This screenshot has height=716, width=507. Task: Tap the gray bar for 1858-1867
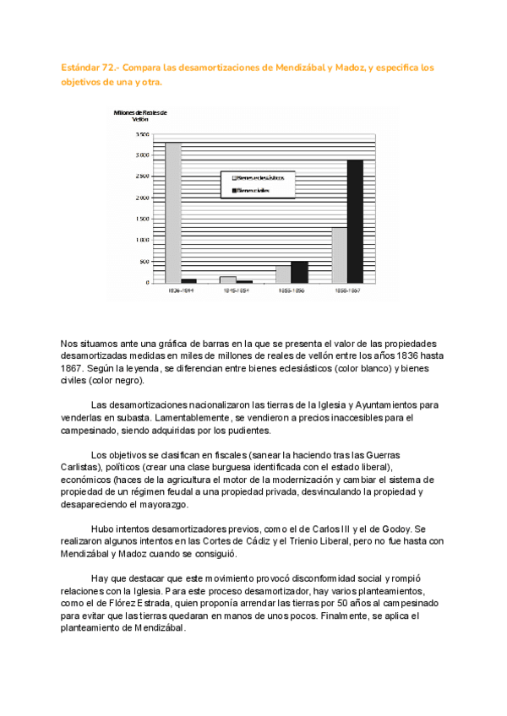click(339, 254)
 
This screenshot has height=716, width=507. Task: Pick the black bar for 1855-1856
click(299, 271)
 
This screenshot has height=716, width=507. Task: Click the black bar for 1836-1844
click(188, 280)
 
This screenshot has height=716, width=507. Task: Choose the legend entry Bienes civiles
click(255, 191)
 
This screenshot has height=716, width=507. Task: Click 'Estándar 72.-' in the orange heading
click(90, 67)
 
